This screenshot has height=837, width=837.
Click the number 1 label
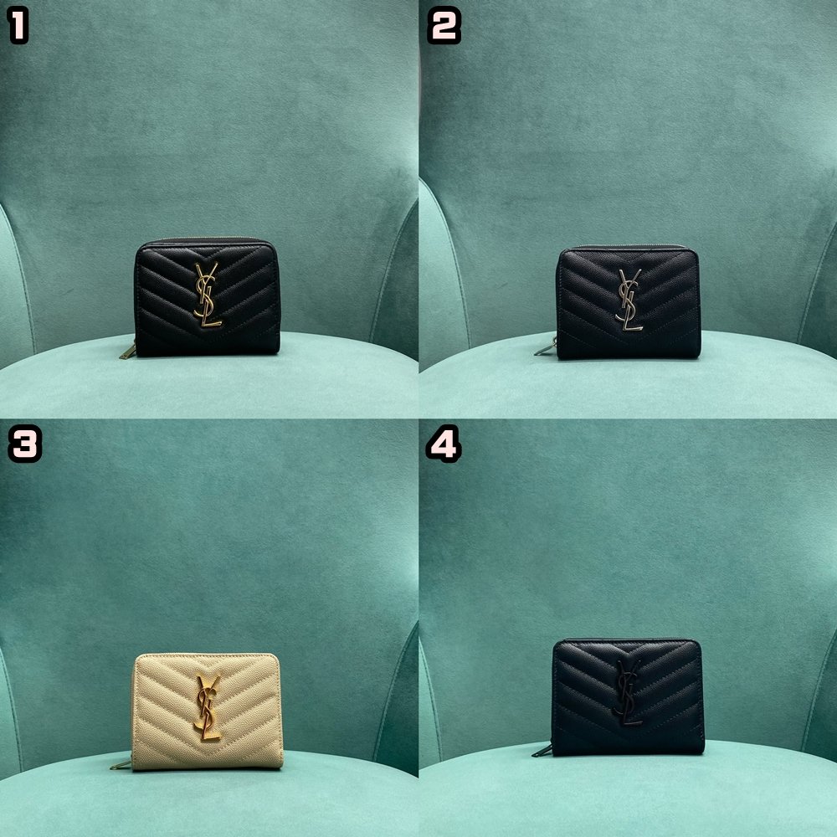[x=18, y=27]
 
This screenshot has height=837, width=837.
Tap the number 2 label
[x=444, y=27]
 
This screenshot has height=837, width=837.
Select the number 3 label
[x=24, y=444]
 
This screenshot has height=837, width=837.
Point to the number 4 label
[x=443, y=444]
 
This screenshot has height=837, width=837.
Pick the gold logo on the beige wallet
[x=208, y=707]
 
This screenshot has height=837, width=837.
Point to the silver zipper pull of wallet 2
[x=545, y=347]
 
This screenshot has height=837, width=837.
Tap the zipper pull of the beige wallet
[x=120, y=763]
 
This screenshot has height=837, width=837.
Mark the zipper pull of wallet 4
[x=542, y=750]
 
